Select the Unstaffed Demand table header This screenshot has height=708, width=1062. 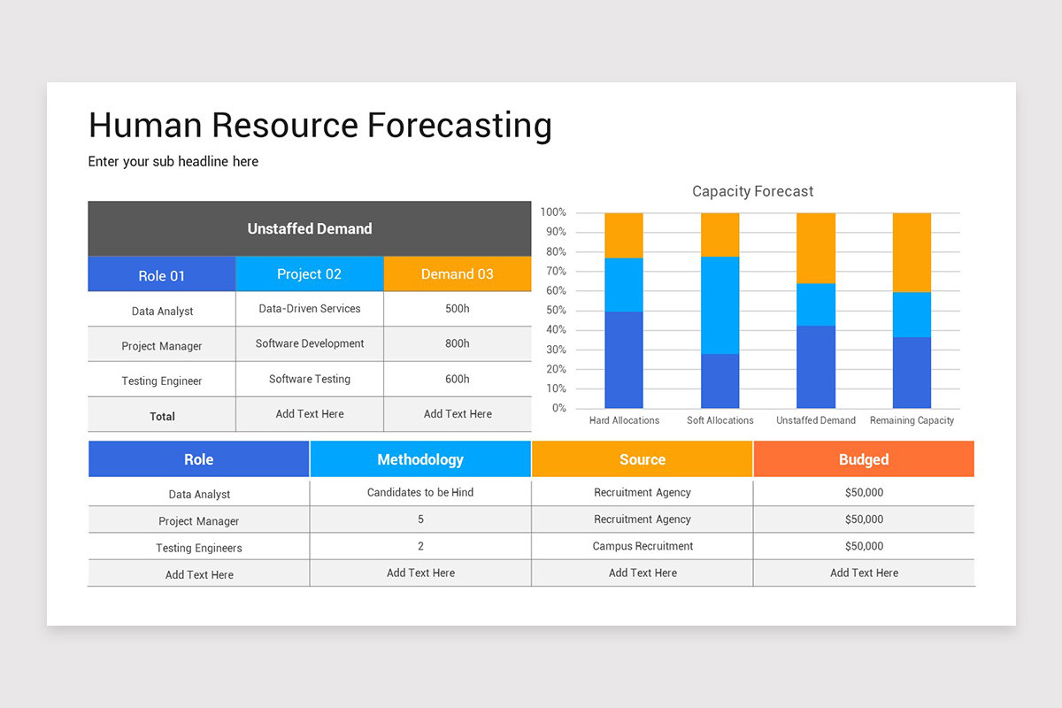pyautogui.click(x=310, y=228)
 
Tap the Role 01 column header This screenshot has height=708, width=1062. pyautogui.click(x=162, y=275)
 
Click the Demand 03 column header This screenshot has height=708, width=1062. pyautogui.click(x=457, y=274)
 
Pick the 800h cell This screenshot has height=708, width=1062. pyautogui.click(x=457, y=343)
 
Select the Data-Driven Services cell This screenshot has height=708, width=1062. pyautogui.click(x=310, y=309)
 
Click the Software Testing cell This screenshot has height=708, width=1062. pyautogui.click(x=310, y=379)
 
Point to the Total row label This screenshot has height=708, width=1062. pyautogui.click(x=162, y=416)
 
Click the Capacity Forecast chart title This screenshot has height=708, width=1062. pyautogui.click(x=752, y=191)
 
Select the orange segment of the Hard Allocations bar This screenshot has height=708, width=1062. pyautogui.click(x=624, y=235)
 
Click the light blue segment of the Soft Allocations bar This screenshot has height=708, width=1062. pyautogui.click(x=720, y=304)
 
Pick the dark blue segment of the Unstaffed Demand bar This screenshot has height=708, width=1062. pyautogui.click(x=815, y=366)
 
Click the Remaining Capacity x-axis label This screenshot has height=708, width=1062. pyautogui.click(x=912, y=420)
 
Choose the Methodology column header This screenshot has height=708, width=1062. pyautogui.click(x=420, y=459)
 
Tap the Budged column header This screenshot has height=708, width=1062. pyautogui.click(x=864, y=459)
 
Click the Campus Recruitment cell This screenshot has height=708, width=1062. pyautogui.click(x=643, y=546)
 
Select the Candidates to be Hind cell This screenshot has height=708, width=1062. pyautogui.click(x=420, y=492)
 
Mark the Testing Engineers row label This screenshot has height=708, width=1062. pyautogui.click(x=199, y=548)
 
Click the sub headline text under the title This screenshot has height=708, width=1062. pyautogui.click(x=173, y=162)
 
